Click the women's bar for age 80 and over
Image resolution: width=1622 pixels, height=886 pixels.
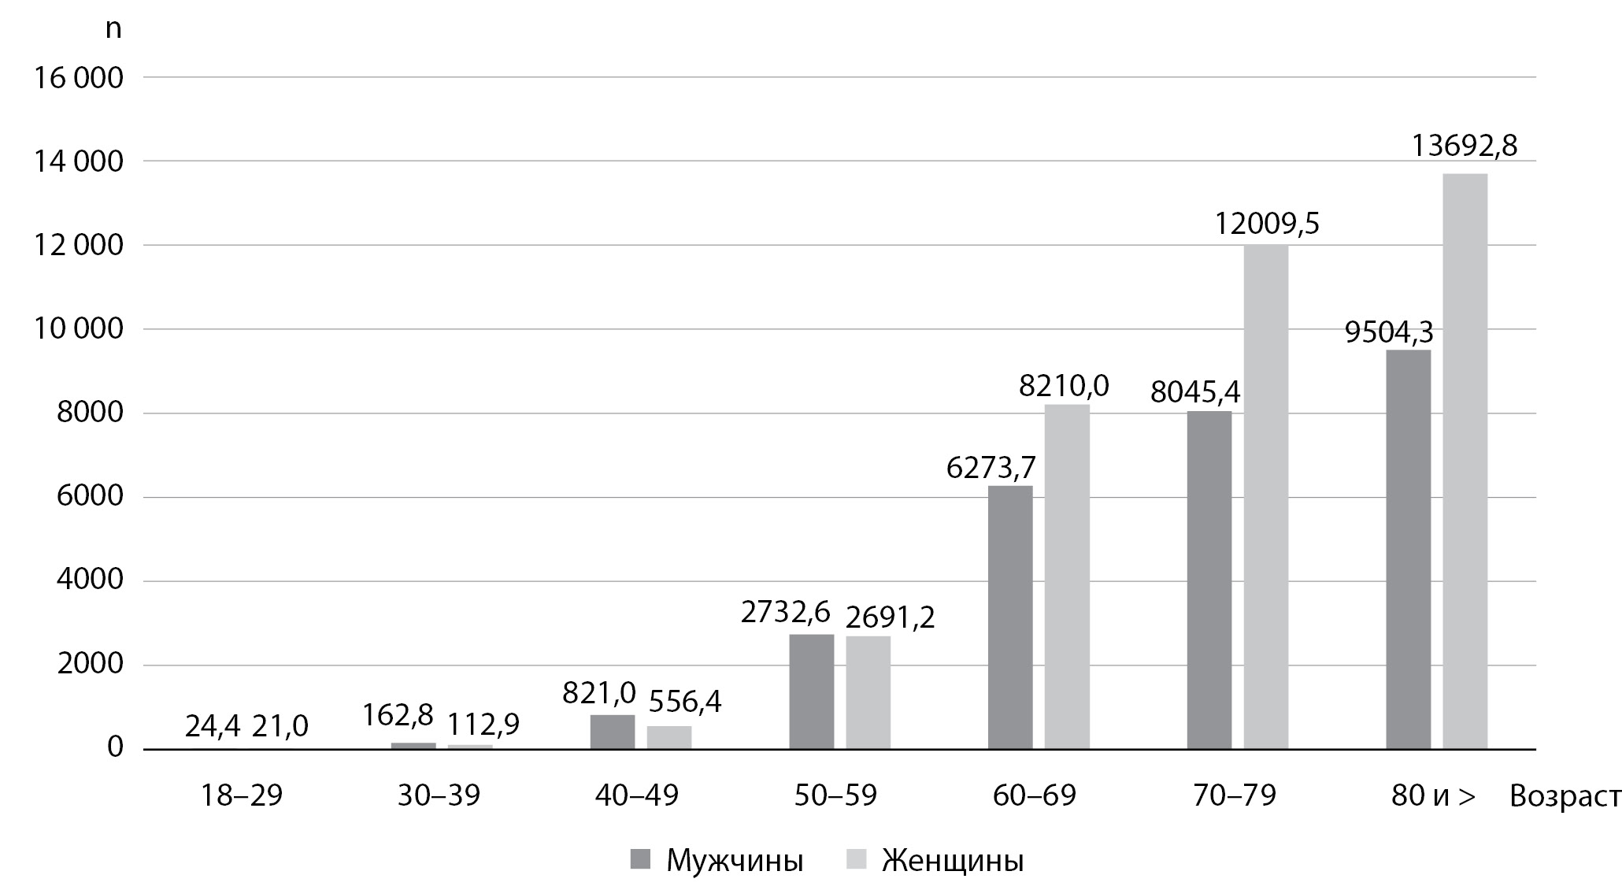point(1465,461)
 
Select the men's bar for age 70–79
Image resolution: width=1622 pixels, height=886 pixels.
point(1209,580)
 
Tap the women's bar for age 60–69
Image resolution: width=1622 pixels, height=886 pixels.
point(1067,576)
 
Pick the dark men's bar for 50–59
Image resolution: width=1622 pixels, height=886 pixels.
point(811,691)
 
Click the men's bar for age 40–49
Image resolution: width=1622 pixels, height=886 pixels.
point(613,732)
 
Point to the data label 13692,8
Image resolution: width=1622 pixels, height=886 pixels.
point(1465,146)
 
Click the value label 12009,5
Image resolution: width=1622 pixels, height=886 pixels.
point(1266,224)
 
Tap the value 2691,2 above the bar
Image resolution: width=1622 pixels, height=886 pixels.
point(890,617)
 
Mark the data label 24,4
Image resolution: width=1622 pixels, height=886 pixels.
point(213,726)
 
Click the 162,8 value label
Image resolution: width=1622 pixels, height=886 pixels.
point(398,714)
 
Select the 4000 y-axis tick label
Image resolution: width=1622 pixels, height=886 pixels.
point(90,580)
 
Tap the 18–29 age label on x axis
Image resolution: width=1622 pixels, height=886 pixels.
point(242,796)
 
